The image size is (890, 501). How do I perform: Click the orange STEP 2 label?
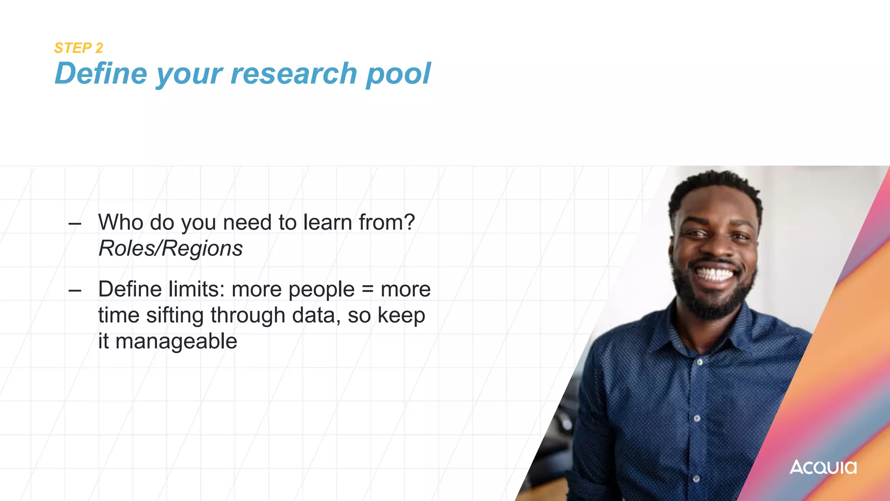point(78,48)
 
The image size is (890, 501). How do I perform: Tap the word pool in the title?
point(398,74)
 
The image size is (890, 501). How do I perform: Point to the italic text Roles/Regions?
point(170,248)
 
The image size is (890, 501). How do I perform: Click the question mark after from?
point(409,222)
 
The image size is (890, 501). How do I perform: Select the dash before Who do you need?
point(75,224)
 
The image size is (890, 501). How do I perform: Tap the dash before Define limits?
point(75,291)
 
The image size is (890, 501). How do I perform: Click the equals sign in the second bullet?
point(368,289)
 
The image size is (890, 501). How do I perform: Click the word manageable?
point(176,341)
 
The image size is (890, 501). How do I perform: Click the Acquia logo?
point(823,467)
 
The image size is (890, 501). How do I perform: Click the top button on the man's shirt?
point(699,362)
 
